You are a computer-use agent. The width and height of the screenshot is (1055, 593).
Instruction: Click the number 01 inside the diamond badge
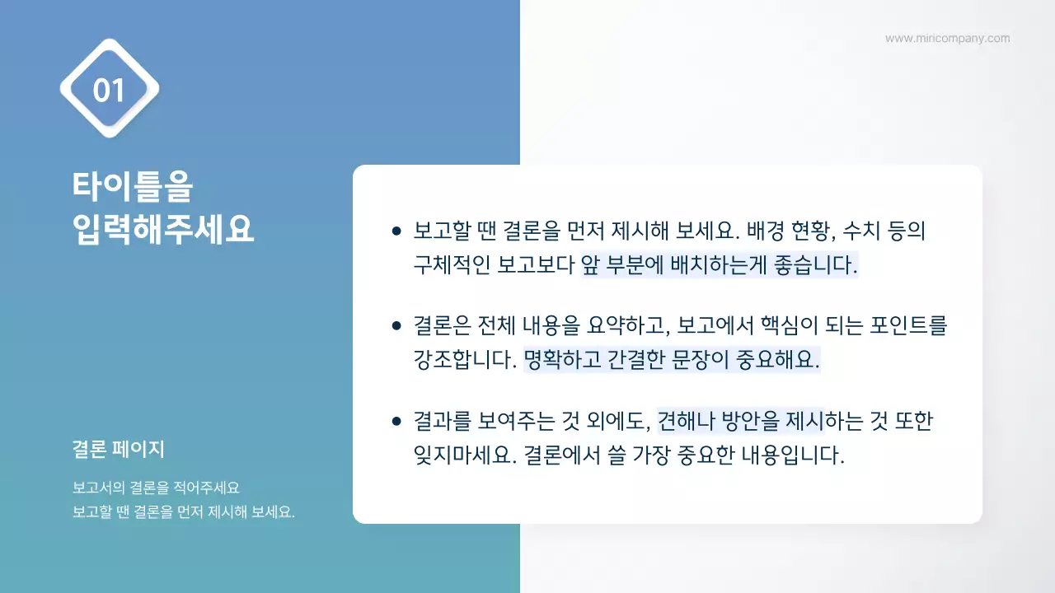point(109,90)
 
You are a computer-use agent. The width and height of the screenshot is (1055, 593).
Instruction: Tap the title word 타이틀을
point(133,187)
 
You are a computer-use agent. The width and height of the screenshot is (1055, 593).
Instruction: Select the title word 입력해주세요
point(163,228)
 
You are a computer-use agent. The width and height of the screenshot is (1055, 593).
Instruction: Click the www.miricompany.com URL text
point(947,38)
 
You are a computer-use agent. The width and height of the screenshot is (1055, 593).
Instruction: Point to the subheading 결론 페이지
point(119,450)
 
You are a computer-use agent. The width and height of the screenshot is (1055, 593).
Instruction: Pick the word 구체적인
point(452,266)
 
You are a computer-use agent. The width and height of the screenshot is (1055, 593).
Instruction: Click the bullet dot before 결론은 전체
point(396,326)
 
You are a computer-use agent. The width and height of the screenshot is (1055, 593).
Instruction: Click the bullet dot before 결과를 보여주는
point(396,421)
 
